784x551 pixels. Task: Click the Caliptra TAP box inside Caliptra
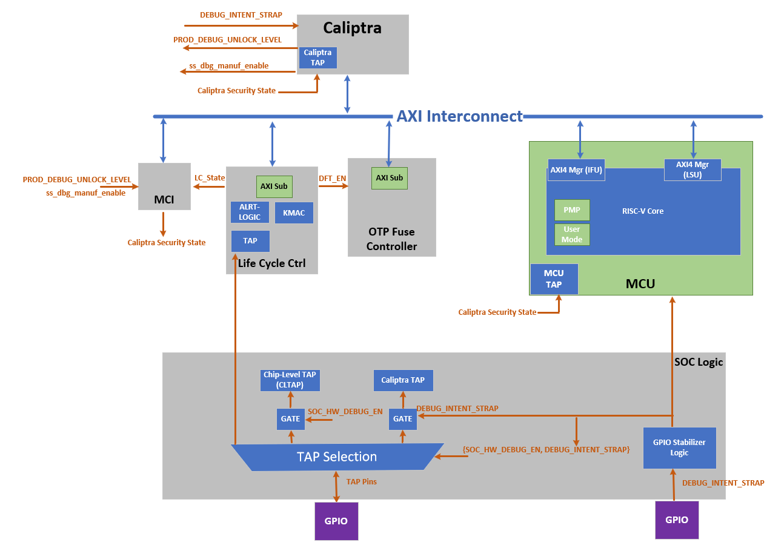click(317, 58)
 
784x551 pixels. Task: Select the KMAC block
click(294, 213)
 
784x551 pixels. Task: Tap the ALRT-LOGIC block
click(250, 213)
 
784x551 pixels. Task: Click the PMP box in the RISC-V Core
click(571, 210)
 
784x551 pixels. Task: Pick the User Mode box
click(571, 234)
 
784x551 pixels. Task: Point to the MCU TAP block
click(554, 279)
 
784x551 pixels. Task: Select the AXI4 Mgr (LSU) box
click(693, 170)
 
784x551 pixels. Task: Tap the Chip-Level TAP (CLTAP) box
click(290, 380)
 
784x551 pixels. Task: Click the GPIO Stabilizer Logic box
click(679, 447)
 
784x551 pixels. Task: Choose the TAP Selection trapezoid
click(336, 457)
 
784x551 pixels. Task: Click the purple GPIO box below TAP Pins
click(336, 521)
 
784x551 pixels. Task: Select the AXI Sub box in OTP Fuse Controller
click(389, 178)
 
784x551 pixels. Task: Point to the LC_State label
click(209, 178)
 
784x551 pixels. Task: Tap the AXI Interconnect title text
click(459, 116)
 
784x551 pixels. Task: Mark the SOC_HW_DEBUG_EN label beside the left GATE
click(345, 412)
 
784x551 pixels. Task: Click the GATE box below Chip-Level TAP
click(290, 418)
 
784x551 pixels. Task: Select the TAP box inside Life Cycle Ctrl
click(250, 241)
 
